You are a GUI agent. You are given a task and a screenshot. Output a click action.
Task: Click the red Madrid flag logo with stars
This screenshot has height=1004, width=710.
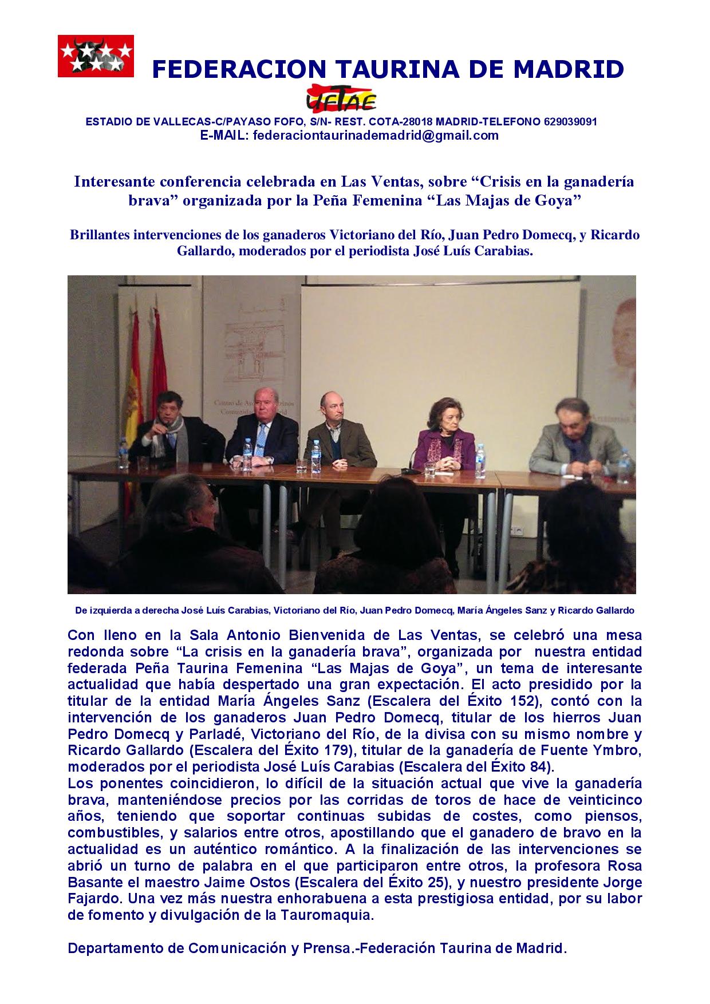click(x=96, y=56)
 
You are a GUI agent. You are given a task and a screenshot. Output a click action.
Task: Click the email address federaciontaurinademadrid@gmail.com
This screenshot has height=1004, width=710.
click(x=376, y=136)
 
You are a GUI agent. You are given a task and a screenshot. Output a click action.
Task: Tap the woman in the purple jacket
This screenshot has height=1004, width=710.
click(x=445, y=441)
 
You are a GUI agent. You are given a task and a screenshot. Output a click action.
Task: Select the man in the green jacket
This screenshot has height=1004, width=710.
click(x=333, y=438)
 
